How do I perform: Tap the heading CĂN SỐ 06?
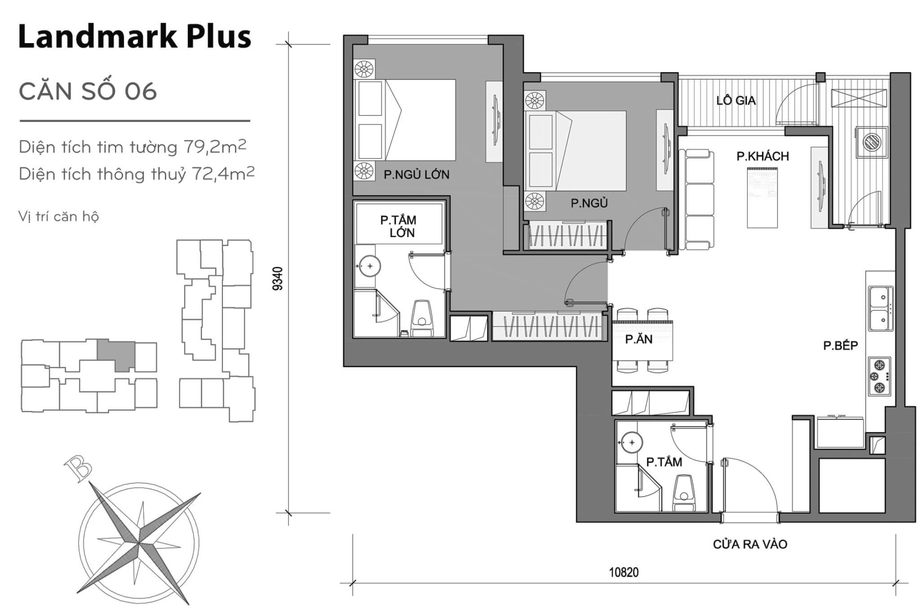pyautogui.click(x=88, y=91)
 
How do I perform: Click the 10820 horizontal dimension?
pyautogui.click(x=623, y=572)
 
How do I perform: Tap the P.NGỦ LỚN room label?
pyautogui.click(x=416, y=175)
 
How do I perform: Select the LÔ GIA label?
pyautogui.click(x=736, y=101)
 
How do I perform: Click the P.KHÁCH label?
pyautogui.click(x=763, y=156)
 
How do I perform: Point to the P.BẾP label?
pyautogui.click(x=840, y=345)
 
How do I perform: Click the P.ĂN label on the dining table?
pyautogui.click(x=639, y=340)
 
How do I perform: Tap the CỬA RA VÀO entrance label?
pyautogui.click(x=750, y=544)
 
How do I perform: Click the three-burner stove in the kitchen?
pyautogui.click(x=880, y=376)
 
